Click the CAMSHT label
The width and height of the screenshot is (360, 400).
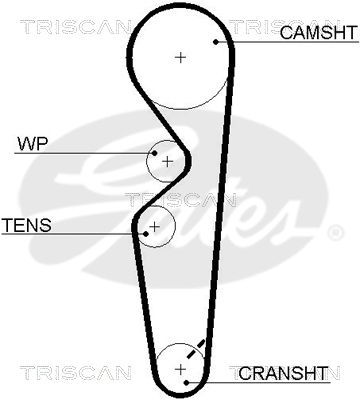tap(318, 32)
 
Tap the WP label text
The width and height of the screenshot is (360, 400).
tap(33, 144)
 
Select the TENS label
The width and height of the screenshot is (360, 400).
tap(27, 225)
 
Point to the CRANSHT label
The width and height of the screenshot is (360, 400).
tap(283, 373)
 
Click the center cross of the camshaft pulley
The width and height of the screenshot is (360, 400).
tap(180, 58)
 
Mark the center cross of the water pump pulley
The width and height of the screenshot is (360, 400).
tap(167, 162)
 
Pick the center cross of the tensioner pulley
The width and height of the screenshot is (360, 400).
tap(154, 227)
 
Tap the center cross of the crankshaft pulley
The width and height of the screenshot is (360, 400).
tap(180, 369)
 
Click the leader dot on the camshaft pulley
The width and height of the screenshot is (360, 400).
tap(216, 42)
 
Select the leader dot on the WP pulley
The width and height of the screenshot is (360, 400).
tap(154, 153)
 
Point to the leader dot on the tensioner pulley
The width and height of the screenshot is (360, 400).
tap(146, 234)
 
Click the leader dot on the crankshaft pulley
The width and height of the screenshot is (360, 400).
tap(187, 382)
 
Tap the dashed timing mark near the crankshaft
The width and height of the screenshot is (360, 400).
tap(196, 349)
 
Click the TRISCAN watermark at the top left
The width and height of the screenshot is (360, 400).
tap(75, 27)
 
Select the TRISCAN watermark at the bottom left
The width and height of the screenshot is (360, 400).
tap(75, 373)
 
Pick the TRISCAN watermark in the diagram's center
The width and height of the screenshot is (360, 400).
tap(180, 200)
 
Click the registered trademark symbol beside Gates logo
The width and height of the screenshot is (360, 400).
tap(334, 232)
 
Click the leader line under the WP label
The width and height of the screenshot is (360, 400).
tap(84, 153)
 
